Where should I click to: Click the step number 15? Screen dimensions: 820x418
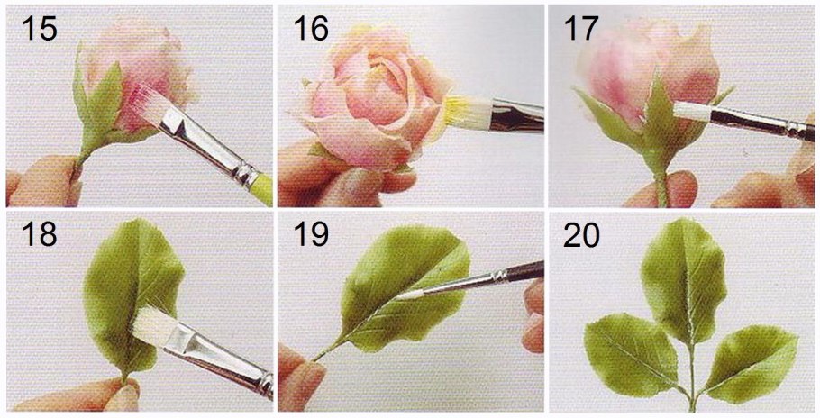40,28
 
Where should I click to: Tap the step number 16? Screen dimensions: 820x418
311,28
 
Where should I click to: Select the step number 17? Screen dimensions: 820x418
580,28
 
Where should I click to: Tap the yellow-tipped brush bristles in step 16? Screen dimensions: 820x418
467,112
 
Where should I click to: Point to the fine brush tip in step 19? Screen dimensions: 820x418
411,294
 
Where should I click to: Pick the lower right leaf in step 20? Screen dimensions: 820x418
751,361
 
